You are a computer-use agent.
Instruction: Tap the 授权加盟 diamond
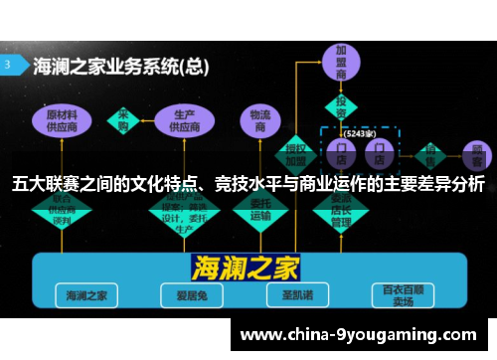(297, 152)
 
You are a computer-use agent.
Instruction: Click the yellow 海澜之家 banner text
(248, 266)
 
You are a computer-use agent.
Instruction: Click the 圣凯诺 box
(292, 294)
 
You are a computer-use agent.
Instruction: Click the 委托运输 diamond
(260, 212)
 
